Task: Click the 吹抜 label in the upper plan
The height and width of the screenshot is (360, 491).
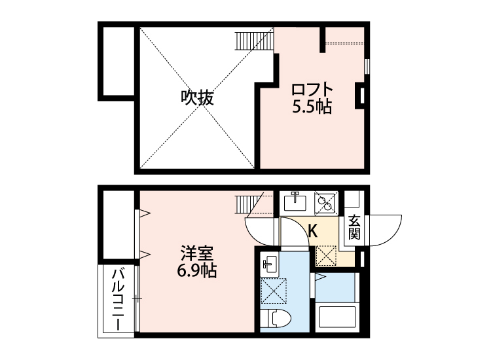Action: tap(197, 99)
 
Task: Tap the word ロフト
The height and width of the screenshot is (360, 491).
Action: tap(312, 89)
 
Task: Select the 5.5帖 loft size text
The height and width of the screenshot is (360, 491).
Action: tap(312, 107)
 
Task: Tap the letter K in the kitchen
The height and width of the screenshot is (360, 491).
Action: tap(312, 230)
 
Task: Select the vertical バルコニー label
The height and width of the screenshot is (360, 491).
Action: tap(118, 300)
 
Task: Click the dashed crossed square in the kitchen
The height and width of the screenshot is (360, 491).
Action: tap(325, 254)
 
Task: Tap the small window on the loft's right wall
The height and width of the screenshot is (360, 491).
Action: tap(367, 66)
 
